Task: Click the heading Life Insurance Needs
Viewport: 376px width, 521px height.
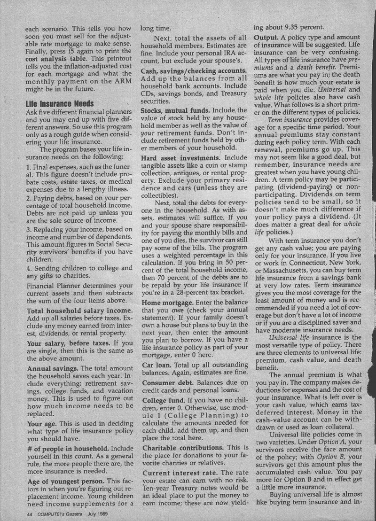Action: [59, 103]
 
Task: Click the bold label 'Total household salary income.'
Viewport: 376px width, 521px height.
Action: [77, 312]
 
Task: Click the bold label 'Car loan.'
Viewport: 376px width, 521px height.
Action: [158, 352]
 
